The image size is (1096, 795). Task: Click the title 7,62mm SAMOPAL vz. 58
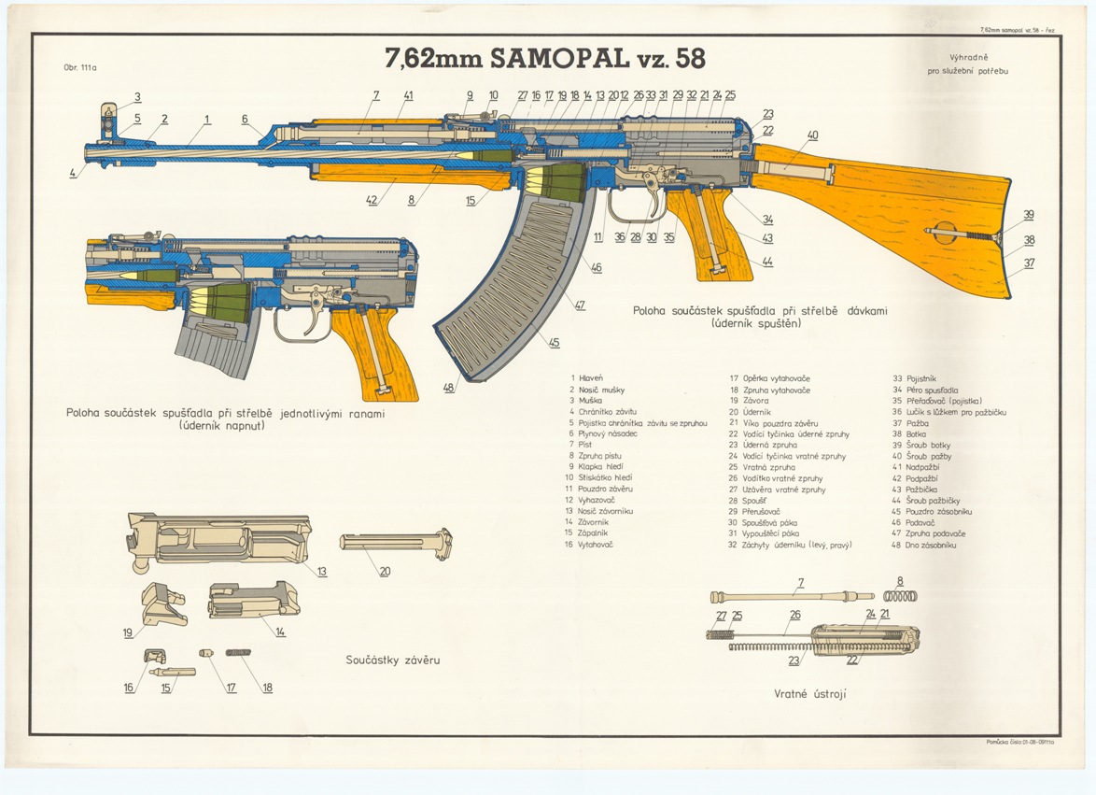coord(546,58)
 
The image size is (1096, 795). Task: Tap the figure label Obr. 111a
coord(80,67)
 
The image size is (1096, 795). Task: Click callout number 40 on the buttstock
coord(812,135)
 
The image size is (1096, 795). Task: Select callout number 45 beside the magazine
coord(554,343)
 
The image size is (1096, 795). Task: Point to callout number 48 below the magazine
coord(449,388)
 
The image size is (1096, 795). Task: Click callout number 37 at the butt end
coord(1029,263)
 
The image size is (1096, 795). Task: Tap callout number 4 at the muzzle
coord(72,174)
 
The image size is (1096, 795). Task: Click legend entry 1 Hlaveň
coord(590,377)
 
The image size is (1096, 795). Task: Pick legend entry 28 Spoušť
coord(749,501)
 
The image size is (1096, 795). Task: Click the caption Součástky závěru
coord(386,660)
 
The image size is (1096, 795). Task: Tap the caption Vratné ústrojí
coord(809,694)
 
